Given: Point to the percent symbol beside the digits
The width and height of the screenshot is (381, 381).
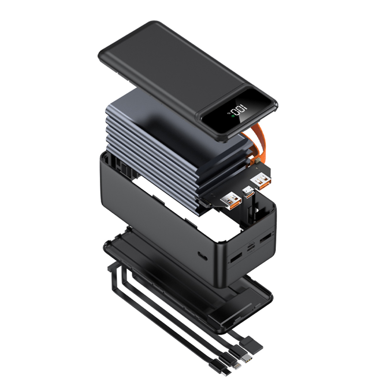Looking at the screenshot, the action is pos(229,114).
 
